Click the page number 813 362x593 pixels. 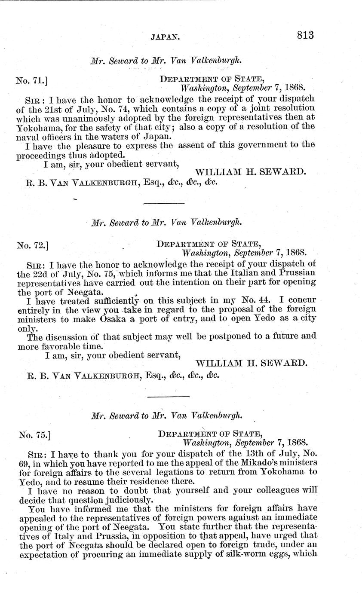[x=305, y=35]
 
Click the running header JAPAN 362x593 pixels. [x=165, y=37]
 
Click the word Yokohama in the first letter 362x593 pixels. [x=37, y=127]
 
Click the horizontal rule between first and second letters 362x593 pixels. [x=163, y=203]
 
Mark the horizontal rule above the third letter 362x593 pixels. [x=168, y=396]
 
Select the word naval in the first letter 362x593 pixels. [x=29, y=137]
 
